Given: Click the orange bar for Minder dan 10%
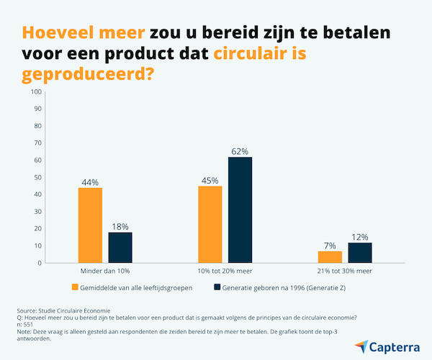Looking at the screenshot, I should click(x=90, y=225).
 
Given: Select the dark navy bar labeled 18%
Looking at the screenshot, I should click(x=120, y=248).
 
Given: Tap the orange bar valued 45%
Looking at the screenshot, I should click(x=210, y=225).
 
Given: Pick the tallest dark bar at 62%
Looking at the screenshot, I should click(x=240, y=210).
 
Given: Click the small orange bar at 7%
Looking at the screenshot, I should click(x=330, y=257).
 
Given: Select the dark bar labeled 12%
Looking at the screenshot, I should click(x=360, y=253).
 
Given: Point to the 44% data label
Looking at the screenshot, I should click(x=90, y=183).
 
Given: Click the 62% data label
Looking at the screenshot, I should click(x=240, y=152).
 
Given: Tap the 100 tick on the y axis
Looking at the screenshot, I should click(x=36, y=91).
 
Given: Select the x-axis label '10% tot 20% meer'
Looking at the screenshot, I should click(x=225, y=271).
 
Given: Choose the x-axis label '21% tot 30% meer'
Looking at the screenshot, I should click(x=345, y=271).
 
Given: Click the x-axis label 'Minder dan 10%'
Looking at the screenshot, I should click(x=105, y=271).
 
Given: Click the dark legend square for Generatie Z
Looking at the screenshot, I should click(x=217, y=287).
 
